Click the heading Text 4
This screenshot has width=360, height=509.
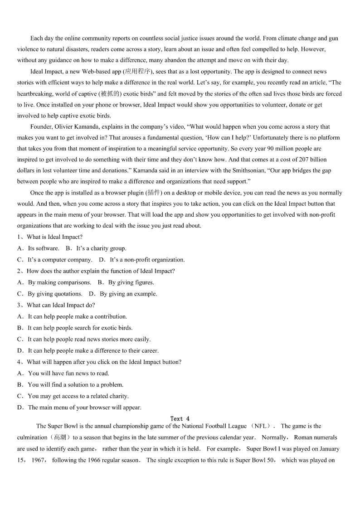pos(180,419)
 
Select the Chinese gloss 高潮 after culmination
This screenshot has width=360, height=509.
pos(59,438)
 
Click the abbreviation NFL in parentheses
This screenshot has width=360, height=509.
pos(260,426)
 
